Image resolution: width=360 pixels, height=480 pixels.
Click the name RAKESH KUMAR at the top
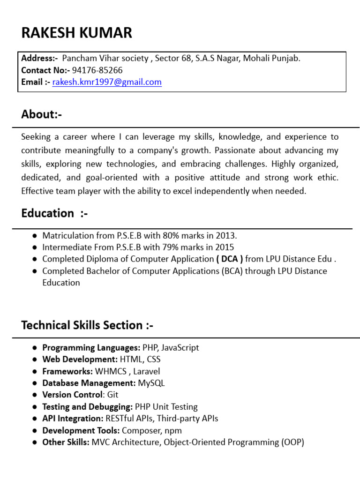(x=77, y=33)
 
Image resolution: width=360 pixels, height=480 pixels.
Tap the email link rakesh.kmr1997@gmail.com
(x=107, y=82)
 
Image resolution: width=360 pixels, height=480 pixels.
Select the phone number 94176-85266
(x=97, y=70)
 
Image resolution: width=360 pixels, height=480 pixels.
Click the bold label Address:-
(x=39, y=59)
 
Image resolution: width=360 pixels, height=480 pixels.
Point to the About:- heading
(x=42, y=114)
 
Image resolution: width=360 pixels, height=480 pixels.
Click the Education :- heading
(x=54, y=213)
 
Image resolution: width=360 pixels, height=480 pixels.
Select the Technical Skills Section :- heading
(x=87, y=325)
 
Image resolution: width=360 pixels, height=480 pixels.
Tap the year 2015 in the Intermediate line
(x=225, y=247)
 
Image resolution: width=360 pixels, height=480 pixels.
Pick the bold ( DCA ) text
(x=229, y=259)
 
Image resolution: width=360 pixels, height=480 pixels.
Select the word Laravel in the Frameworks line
(x=147, y=371)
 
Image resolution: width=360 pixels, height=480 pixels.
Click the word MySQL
(x=151, y=383)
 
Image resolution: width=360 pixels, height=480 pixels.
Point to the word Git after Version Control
(x=112, y=395)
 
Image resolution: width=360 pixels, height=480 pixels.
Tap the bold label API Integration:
(x=73, y=418)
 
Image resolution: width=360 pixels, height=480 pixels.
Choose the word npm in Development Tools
(x=173, y=430)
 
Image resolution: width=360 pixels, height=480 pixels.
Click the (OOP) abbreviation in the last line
(x=293, y=442)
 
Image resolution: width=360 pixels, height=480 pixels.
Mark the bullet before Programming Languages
(x=35, y=348)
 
